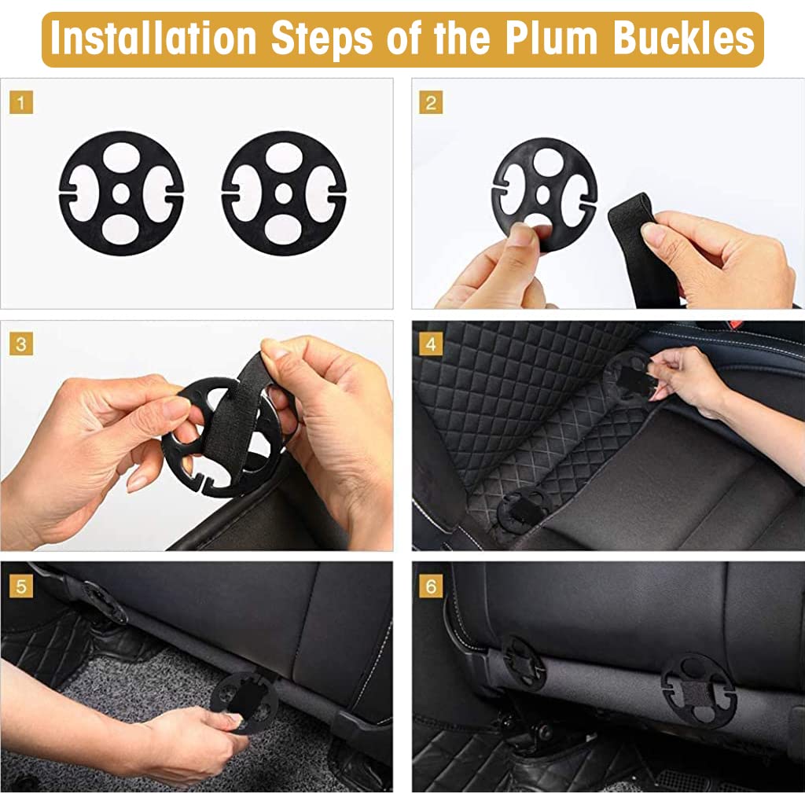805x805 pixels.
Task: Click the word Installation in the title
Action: [153, 39]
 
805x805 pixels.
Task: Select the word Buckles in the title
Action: [683, 39]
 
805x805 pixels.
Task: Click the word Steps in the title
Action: [322, 40]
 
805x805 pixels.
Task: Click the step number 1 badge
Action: [21, 103]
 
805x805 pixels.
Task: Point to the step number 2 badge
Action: [431, 103]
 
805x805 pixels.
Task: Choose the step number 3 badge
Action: [21, 344]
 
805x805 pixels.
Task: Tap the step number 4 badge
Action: [431, 344]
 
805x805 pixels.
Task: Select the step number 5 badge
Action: [21, 586]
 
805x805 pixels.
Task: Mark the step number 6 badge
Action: [431, 586]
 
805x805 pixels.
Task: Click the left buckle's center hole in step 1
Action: [121, 193]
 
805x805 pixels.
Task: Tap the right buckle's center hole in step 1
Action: [283, 193]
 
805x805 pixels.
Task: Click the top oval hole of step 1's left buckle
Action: [121, 156]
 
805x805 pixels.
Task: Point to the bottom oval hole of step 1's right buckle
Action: [283, 230]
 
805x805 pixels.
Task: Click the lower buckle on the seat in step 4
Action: [524, 509]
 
